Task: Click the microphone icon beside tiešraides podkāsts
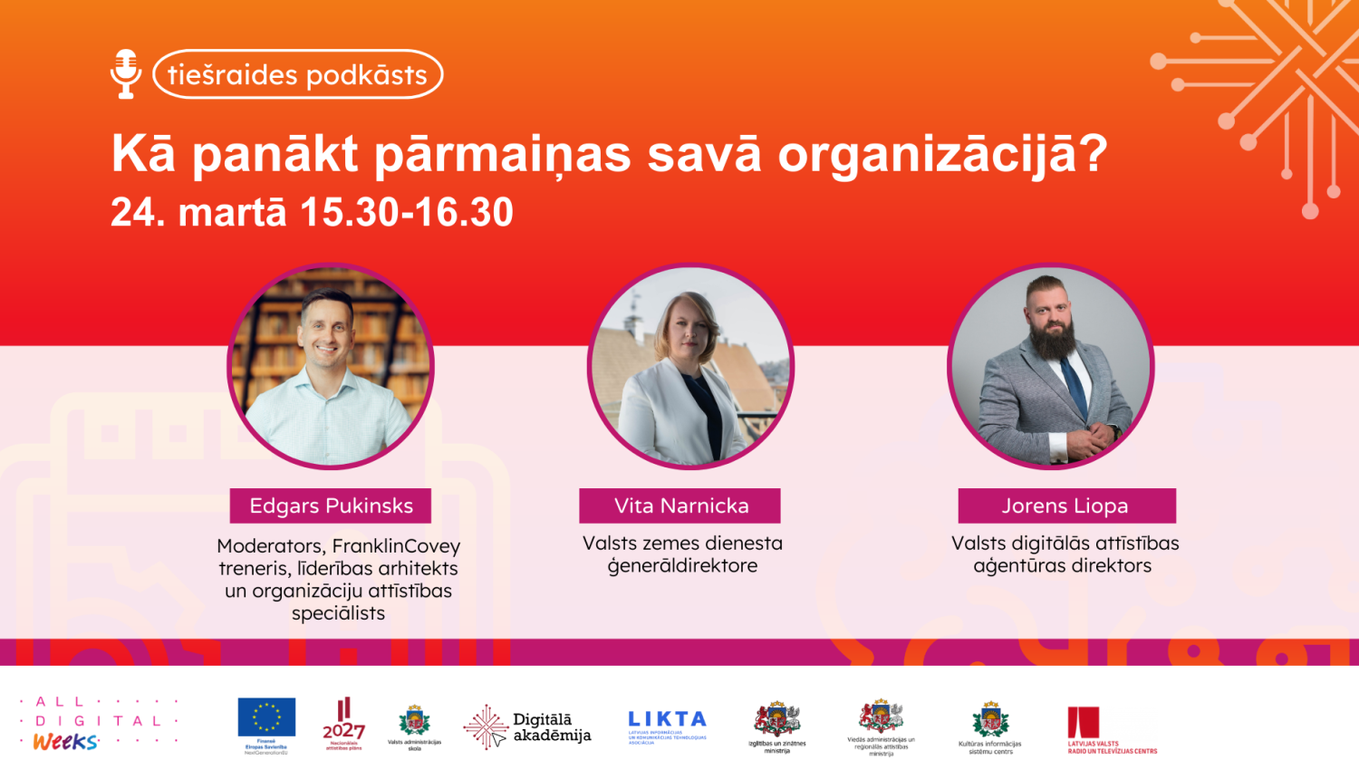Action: (x=126, y=73)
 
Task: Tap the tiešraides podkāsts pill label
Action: (x=297, y=74)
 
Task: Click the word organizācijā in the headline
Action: (x=942, y=154)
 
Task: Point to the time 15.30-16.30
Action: (x=407, y=213)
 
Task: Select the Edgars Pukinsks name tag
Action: (x=331, y=506)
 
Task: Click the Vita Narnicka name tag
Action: (x=680, y=506)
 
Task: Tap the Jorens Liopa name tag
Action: (x=1066, y=506)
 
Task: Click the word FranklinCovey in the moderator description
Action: (x=396, y=546)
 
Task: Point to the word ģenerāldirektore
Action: (x=682, y=566)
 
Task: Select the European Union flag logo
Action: (x=266, y=716)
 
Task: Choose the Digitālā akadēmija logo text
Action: (x=551, y=727)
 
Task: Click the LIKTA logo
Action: (x=668, y=719)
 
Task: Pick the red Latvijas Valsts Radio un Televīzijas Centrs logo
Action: (x=1084, y=722)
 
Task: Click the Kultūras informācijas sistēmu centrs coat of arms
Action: (x=990, y=720)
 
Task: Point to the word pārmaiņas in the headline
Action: (x=503, y=154)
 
